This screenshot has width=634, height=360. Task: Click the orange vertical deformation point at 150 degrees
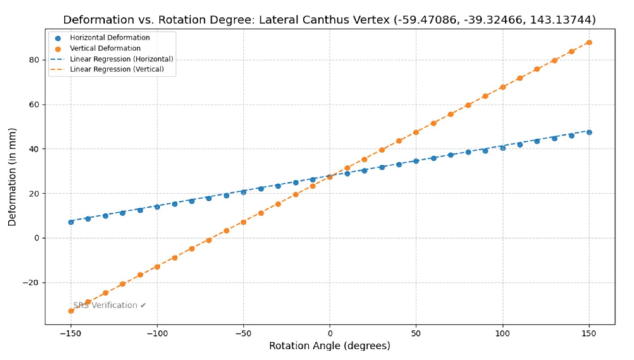coord(589,43)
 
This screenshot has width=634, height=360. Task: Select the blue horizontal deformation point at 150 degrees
coord(589,132)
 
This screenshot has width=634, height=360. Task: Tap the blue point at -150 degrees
coord(71,222)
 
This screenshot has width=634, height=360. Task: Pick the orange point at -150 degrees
coord(71,311)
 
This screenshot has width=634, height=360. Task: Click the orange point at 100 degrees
coord(503,87)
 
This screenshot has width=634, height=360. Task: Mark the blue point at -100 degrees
coord(157,207)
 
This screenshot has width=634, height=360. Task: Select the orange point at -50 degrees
coord(244,222)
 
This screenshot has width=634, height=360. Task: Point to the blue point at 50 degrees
coord(416,161)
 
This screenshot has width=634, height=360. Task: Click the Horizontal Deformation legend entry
coord(110,38)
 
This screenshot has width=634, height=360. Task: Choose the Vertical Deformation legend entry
coord(105,48)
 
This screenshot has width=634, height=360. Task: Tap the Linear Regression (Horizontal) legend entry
coord(121,59)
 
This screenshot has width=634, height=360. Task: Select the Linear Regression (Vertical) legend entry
coord(117,69)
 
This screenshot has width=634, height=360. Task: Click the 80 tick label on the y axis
coord(34,60)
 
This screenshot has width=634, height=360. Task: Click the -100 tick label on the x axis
coord(157,334)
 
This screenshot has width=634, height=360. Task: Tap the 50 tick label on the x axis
coord(416,334)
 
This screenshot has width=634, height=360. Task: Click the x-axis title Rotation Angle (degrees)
coord(330,346)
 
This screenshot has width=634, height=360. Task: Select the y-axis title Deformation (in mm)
coord(12,177)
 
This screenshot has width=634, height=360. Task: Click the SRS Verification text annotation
coord(109,305)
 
